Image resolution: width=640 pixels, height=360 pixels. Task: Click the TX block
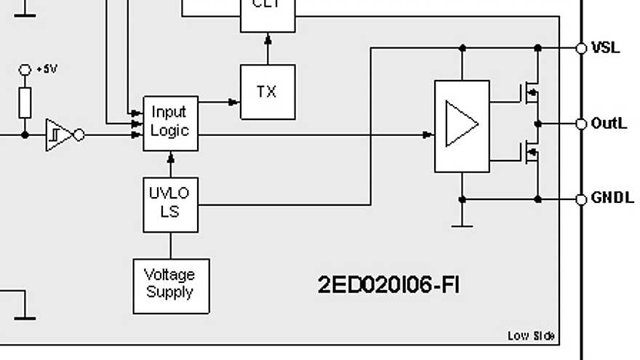pos(268,92)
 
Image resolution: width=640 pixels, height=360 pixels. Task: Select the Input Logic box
pos(170,122)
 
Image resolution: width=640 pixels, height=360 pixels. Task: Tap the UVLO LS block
pos(170,204)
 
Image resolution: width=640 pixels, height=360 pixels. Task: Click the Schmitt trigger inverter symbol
pos(60,135)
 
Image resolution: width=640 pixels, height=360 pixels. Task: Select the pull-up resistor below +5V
pos(25,103)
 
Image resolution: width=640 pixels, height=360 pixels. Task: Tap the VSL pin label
pos(605,48)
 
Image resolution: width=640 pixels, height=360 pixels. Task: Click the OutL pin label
pos(608,124)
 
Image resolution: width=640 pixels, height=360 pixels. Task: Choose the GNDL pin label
pos(611,199)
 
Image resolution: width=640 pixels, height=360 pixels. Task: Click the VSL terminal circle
pos(580,48)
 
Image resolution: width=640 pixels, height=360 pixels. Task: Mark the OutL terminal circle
pos(580,124)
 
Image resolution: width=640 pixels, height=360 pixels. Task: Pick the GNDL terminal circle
pos(580,199)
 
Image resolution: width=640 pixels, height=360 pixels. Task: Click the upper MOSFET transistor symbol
pos(530,93)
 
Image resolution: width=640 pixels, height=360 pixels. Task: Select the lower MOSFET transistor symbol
pos(530,153)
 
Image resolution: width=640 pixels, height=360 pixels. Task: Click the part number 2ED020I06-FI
pos(388,284)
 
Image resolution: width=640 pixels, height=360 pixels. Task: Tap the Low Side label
pos(531,335)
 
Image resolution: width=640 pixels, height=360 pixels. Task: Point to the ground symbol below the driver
pos(462,222)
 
